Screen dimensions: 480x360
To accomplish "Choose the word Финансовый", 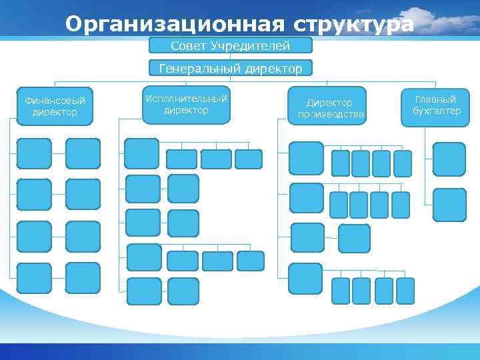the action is click(x=55, y=101).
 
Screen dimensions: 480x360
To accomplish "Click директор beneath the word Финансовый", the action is click(x=55, y=112).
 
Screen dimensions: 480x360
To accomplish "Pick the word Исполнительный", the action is click(x=186, y=99).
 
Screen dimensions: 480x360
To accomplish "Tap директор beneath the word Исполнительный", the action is click(x=186, y=110).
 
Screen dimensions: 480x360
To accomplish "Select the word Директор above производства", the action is click(x=329, y=103).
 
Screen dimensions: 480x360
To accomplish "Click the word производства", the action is click(x=331, y=114).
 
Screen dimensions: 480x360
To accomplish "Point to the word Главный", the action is click(x=436, y=99).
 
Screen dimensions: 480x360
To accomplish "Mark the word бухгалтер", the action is click(x=437, y=111).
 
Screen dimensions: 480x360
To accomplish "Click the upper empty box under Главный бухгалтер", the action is click(x=449, y=159).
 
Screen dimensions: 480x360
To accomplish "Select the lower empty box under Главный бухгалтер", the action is click(x=449, y=205).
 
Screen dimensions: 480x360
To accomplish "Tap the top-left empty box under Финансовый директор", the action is click(x=34, y=153).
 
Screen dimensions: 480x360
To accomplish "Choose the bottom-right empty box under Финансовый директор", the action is click(x=83, y=278).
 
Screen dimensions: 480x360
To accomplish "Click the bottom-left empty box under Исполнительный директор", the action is click(x=144, y=291).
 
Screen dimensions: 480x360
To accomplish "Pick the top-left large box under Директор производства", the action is click(x=306, y=158).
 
